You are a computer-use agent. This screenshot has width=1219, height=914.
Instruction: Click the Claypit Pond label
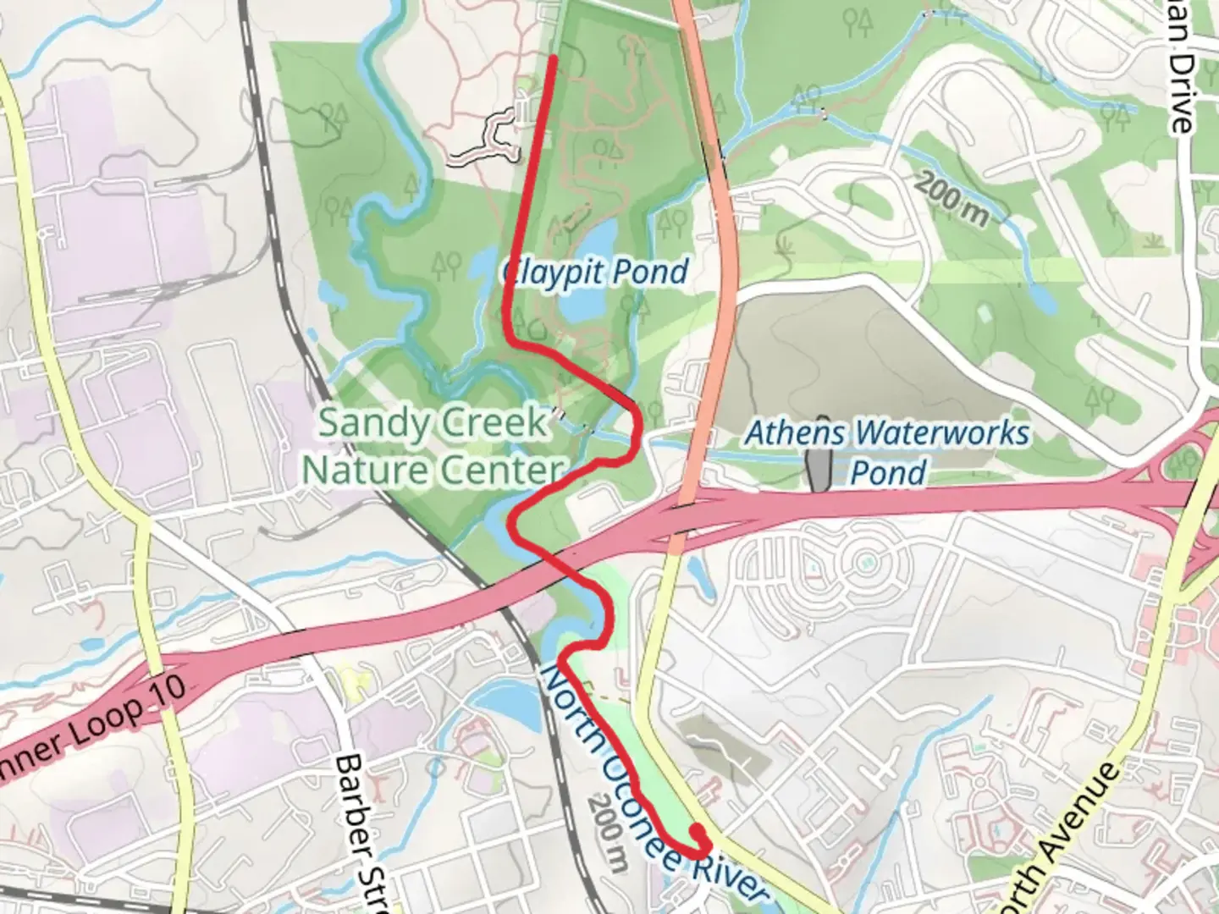tap(595, 273)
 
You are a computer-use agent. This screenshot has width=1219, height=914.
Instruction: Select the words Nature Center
tap(433, 470)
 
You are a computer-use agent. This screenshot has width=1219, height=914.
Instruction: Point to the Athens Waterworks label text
tap(887, 434)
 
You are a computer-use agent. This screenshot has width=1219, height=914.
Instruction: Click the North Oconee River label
tap(652, 787)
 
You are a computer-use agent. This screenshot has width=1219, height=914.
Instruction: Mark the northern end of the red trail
tap(554, 58)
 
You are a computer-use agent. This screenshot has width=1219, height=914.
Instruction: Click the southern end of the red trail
tap(697, 832)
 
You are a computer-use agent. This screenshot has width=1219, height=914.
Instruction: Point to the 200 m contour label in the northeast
tap(952, 200)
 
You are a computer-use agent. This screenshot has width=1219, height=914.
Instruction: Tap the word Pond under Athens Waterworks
tap(887, 472)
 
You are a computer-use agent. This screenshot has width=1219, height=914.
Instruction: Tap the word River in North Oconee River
tap(728, 872)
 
